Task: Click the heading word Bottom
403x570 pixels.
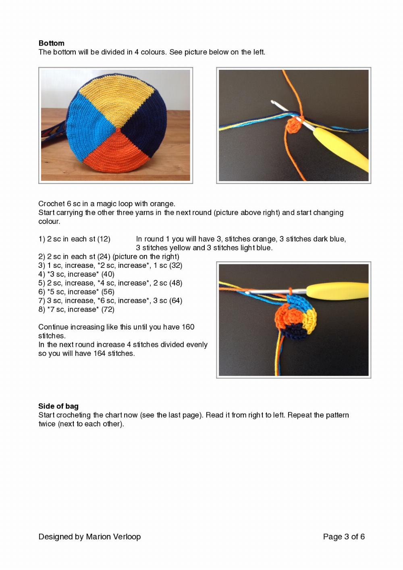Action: [51, 43]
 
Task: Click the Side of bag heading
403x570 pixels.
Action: [58, 406]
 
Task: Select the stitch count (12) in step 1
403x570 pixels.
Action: [104, 239]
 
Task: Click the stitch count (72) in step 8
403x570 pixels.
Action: [108, 309]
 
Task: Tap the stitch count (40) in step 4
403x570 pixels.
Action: [108, 274]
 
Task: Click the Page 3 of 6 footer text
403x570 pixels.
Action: [344, 537]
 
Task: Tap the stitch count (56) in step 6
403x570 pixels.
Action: [108, 292]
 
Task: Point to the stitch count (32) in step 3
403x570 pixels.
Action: [176, 265]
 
